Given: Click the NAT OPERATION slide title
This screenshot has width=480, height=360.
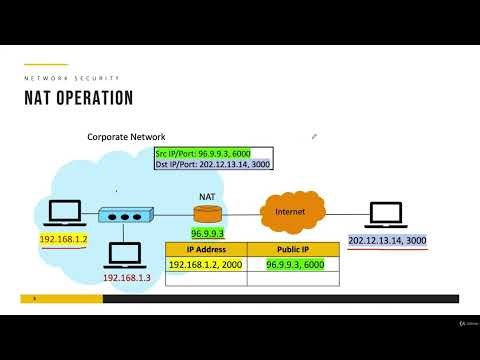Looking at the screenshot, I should pyautogui.click(x=78, y=98).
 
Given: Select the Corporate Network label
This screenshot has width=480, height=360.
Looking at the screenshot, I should pyautogui.click(x=125, y=136).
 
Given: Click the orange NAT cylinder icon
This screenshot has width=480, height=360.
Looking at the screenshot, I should pyautogui.click(x=207, y=213).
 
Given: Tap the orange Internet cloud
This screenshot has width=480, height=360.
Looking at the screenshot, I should pyautogui.click(x=293, y=212).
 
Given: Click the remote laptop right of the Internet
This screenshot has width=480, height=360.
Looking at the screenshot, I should pyautogui.click(x=385, y=214).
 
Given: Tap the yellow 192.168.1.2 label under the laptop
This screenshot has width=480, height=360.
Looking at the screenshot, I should pyautogui.click(x=64, y=241).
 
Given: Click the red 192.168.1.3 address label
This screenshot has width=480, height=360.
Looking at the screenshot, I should pyautogui.click(x=126, y=277).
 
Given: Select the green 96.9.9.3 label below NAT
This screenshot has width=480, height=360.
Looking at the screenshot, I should pyautogui.click(x=208, y=233).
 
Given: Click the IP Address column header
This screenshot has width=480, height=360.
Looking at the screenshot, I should pyautogui.click(x=206, y=249).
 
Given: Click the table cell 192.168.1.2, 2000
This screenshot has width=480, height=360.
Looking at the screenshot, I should pyautogui.click(x=206, y=264).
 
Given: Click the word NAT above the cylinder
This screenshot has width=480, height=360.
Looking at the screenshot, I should pyautogui.click(x=207, y=197).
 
